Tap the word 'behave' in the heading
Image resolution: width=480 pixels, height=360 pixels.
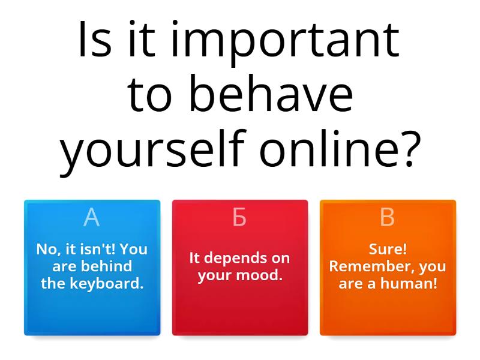click(271, 93)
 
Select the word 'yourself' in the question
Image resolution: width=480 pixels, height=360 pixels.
click(153, 149)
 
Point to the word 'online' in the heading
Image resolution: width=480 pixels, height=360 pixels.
click(334, 147)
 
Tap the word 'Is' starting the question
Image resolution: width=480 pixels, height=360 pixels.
click(95, 39)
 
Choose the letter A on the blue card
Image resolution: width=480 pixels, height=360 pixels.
click(92, 217)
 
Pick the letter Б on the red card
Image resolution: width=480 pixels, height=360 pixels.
click(239, 217)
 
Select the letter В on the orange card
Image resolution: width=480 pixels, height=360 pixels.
click(387, 217)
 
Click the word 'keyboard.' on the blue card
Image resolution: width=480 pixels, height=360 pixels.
click(107, 283)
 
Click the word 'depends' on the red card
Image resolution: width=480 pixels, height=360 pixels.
click(231, 259)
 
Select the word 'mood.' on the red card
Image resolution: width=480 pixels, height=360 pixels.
click(259, 275)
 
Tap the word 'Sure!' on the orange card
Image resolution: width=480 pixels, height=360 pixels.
click(388, 249)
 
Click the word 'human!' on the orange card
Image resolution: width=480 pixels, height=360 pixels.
click(409, 283)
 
